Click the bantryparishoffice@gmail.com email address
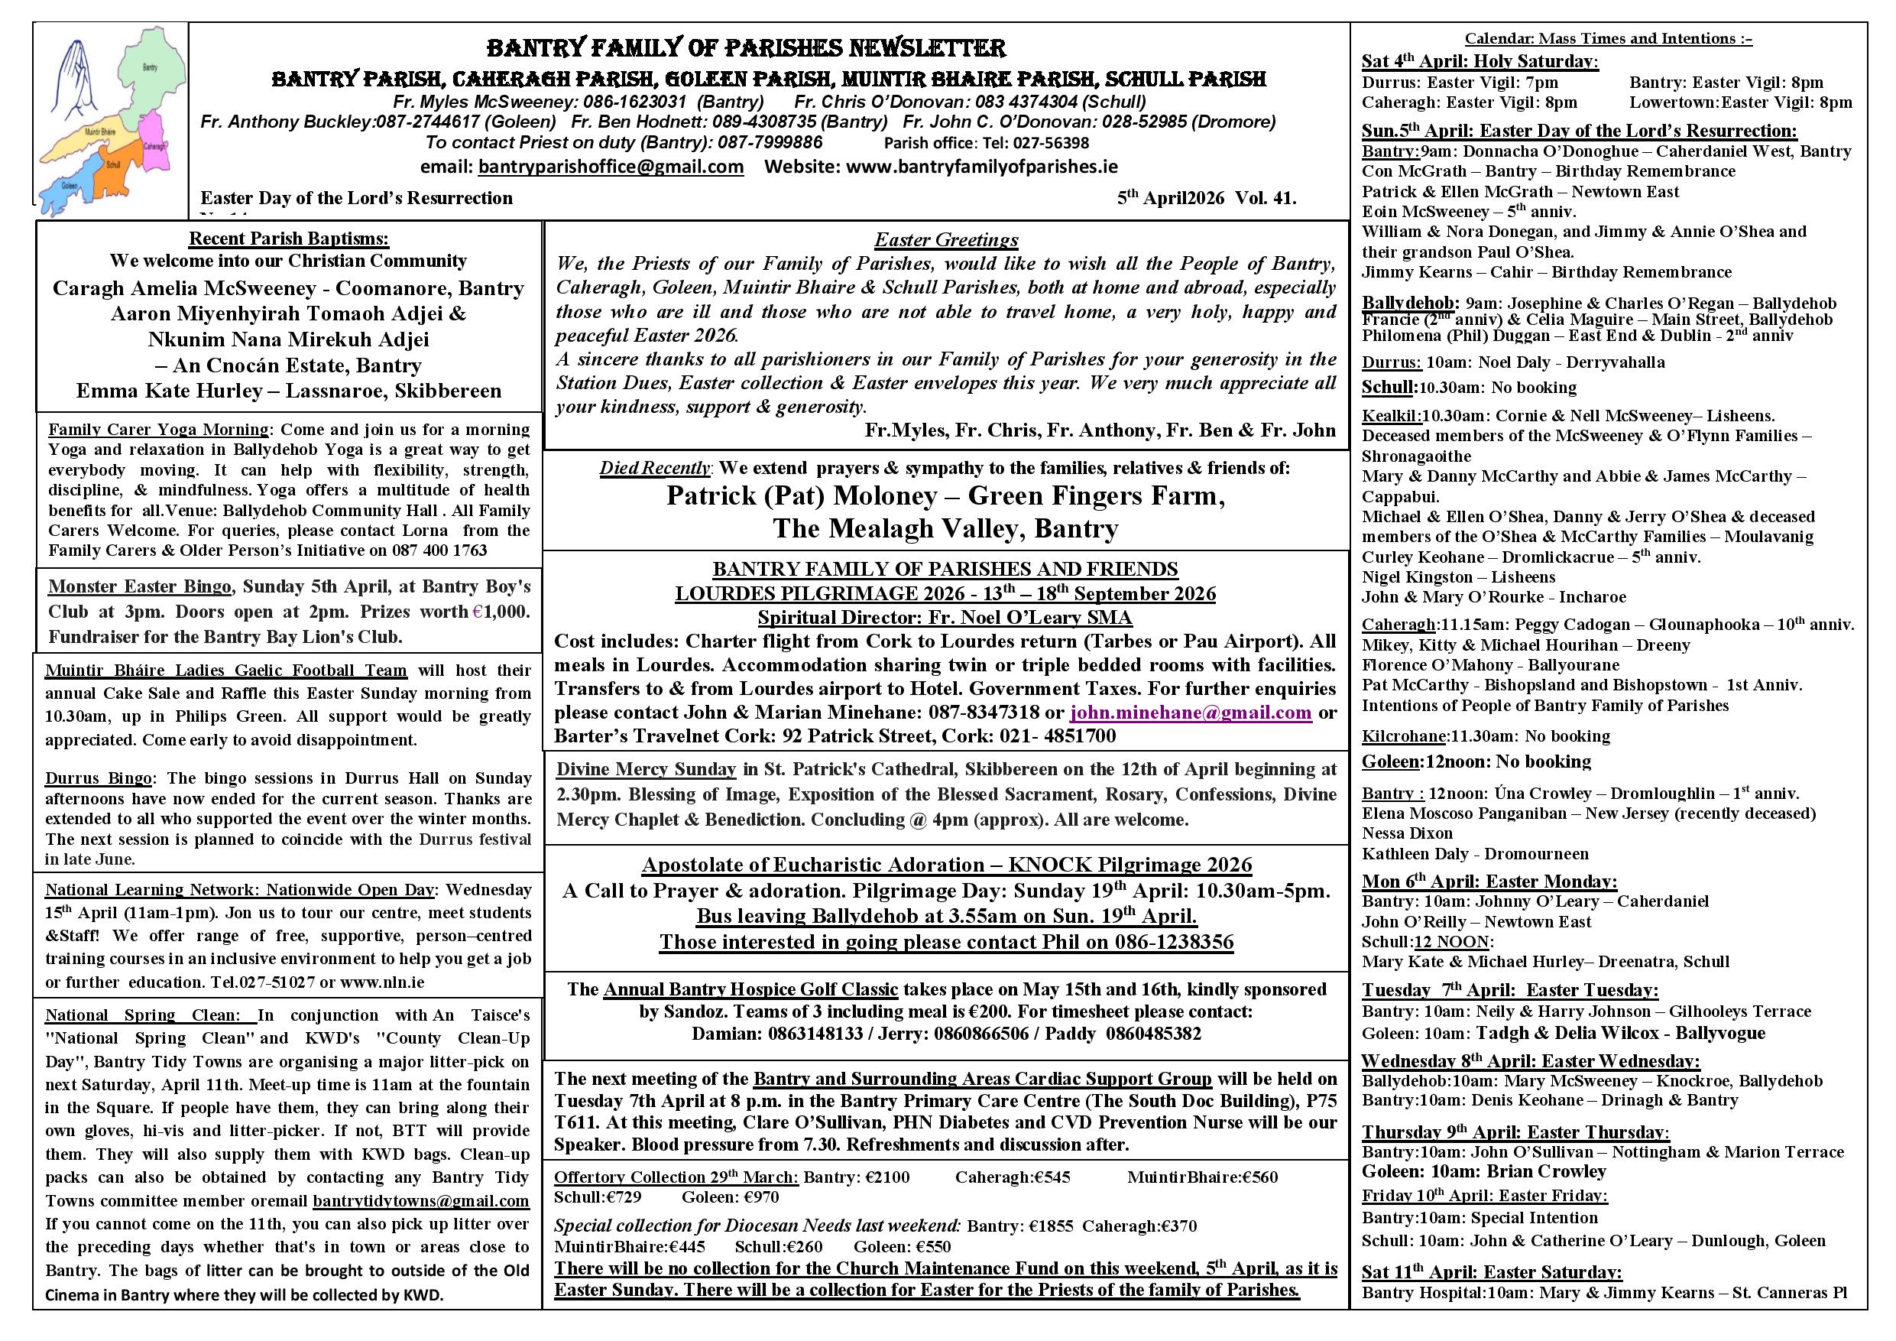pos(611,167)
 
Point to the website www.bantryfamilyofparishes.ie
pos(982,167)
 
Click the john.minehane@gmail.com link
pos(1190,713)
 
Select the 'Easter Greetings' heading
pos(946,239)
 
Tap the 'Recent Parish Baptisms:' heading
pos(288,239)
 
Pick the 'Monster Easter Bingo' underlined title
pos(140,586)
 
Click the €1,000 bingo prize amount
pos(500,612)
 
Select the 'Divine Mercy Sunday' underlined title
pos(646,769)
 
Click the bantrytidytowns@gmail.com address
pos(420,1200)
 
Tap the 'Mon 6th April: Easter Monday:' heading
pos(1489,882)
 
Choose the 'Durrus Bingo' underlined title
pos(99,778)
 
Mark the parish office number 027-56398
pos(1045,143)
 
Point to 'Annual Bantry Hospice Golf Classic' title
pos(750,989)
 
